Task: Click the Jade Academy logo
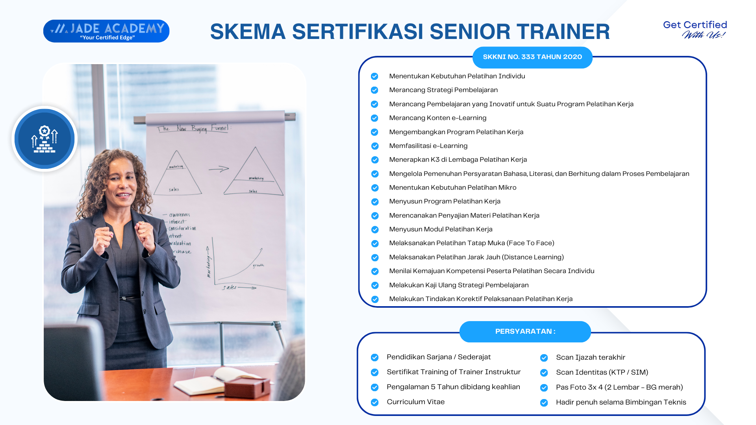(106, 31)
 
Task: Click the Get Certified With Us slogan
(695, 30)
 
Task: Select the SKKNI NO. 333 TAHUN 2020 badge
(532, 57)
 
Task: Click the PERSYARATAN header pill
(525, 331)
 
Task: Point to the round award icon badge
(44, 139)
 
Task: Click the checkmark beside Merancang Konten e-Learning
(374, 118)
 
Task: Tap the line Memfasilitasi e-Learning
(428, 146)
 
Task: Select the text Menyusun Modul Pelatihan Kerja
(441, 229)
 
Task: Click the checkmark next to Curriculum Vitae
(374, 402)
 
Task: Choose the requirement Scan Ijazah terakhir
(590, 357)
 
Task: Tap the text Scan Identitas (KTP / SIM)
(602, 372)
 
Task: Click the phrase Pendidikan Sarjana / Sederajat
(439, 357)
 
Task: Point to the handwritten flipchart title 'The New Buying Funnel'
(194, 128)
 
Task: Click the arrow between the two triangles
(219, 169)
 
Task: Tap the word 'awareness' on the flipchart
(179, 215)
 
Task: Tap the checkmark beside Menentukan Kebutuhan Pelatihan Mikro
(374, 188)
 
